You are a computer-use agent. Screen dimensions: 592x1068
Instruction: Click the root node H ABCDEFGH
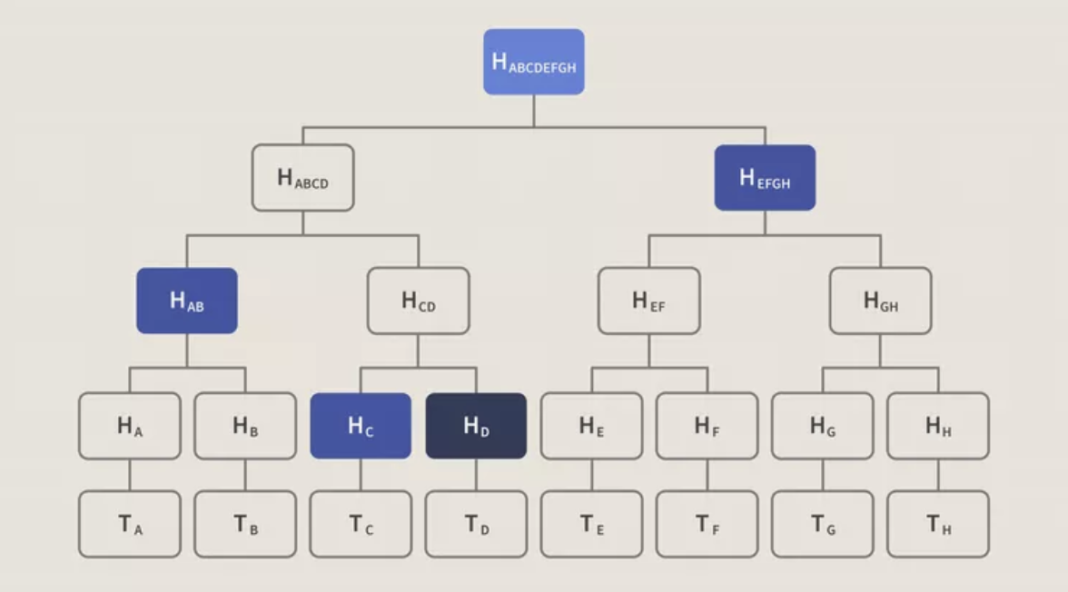(533, 62)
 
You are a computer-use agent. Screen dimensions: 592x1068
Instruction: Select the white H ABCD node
(302, 178)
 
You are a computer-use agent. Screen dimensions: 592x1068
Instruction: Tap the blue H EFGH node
(765, 178)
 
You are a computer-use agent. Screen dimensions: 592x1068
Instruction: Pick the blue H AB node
(187, 301)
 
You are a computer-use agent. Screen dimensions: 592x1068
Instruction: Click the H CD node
(418, 301)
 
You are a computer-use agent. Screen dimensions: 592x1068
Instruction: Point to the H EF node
(648, 301)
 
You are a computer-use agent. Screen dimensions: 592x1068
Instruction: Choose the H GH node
(880, 301)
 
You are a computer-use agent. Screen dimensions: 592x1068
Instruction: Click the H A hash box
(129, 426)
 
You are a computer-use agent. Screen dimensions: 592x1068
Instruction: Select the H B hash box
(245, 426)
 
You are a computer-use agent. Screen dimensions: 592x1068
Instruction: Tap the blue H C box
(361, 426)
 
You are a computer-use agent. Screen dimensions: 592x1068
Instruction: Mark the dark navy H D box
(476, 426)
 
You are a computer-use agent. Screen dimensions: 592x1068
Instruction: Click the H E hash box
(591, 426)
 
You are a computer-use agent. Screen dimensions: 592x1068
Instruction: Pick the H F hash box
(707, 426)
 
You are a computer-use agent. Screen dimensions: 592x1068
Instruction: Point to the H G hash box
(823, 426)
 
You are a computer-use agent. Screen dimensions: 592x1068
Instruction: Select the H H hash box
(938, 426)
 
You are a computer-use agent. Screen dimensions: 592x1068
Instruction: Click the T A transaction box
(129, 524)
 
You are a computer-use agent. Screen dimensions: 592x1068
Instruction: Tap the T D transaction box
(476, 524)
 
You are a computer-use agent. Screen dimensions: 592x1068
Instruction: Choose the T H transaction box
(938, 524)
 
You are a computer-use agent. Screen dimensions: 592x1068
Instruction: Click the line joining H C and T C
(361, 475)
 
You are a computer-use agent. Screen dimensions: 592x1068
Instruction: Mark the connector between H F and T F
(707, 475)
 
